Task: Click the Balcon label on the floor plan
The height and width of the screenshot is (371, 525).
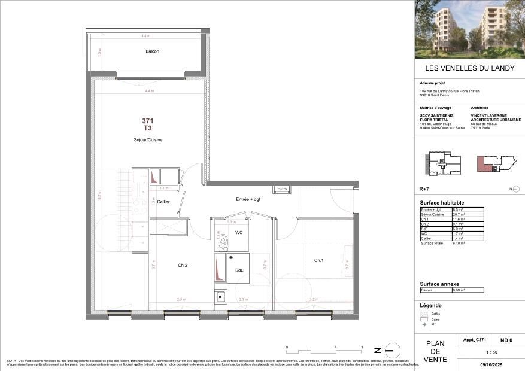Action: tap(152, 51)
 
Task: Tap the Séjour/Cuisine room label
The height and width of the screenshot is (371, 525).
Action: tap(148, 140)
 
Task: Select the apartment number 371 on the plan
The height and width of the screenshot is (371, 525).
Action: tap(148, 121)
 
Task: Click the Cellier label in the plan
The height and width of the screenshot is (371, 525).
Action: tap(163, 202)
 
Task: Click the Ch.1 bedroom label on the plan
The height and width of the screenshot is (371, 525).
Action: tap(318, 260)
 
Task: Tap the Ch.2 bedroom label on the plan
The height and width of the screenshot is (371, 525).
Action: tap(183, 265)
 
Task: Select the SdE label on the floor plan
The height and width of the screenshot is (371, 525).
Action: tap(239, 270)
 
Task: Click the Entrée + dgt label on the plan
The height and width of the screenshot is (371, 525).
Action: tap(248, 199)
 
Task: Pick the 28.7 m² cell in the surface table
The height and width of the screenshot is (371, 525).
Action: tap(466, 214)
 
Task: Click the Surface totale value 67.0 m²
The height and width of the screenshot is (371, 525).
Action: tap(459, 244)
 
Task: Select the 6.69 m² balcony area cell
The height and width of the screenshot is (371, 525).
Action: tap(466, 290)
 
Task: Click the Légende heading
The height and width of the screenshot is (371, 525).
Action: tap(430, 306)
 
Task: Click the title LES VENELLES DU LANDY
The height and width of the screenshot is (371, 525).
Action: tap(469, 68)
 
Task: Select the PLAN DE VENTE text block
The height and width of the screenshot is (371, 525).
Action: tap(435, 352)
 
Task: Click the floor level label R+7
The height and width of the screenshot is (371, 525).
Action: tap(424, 188)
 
